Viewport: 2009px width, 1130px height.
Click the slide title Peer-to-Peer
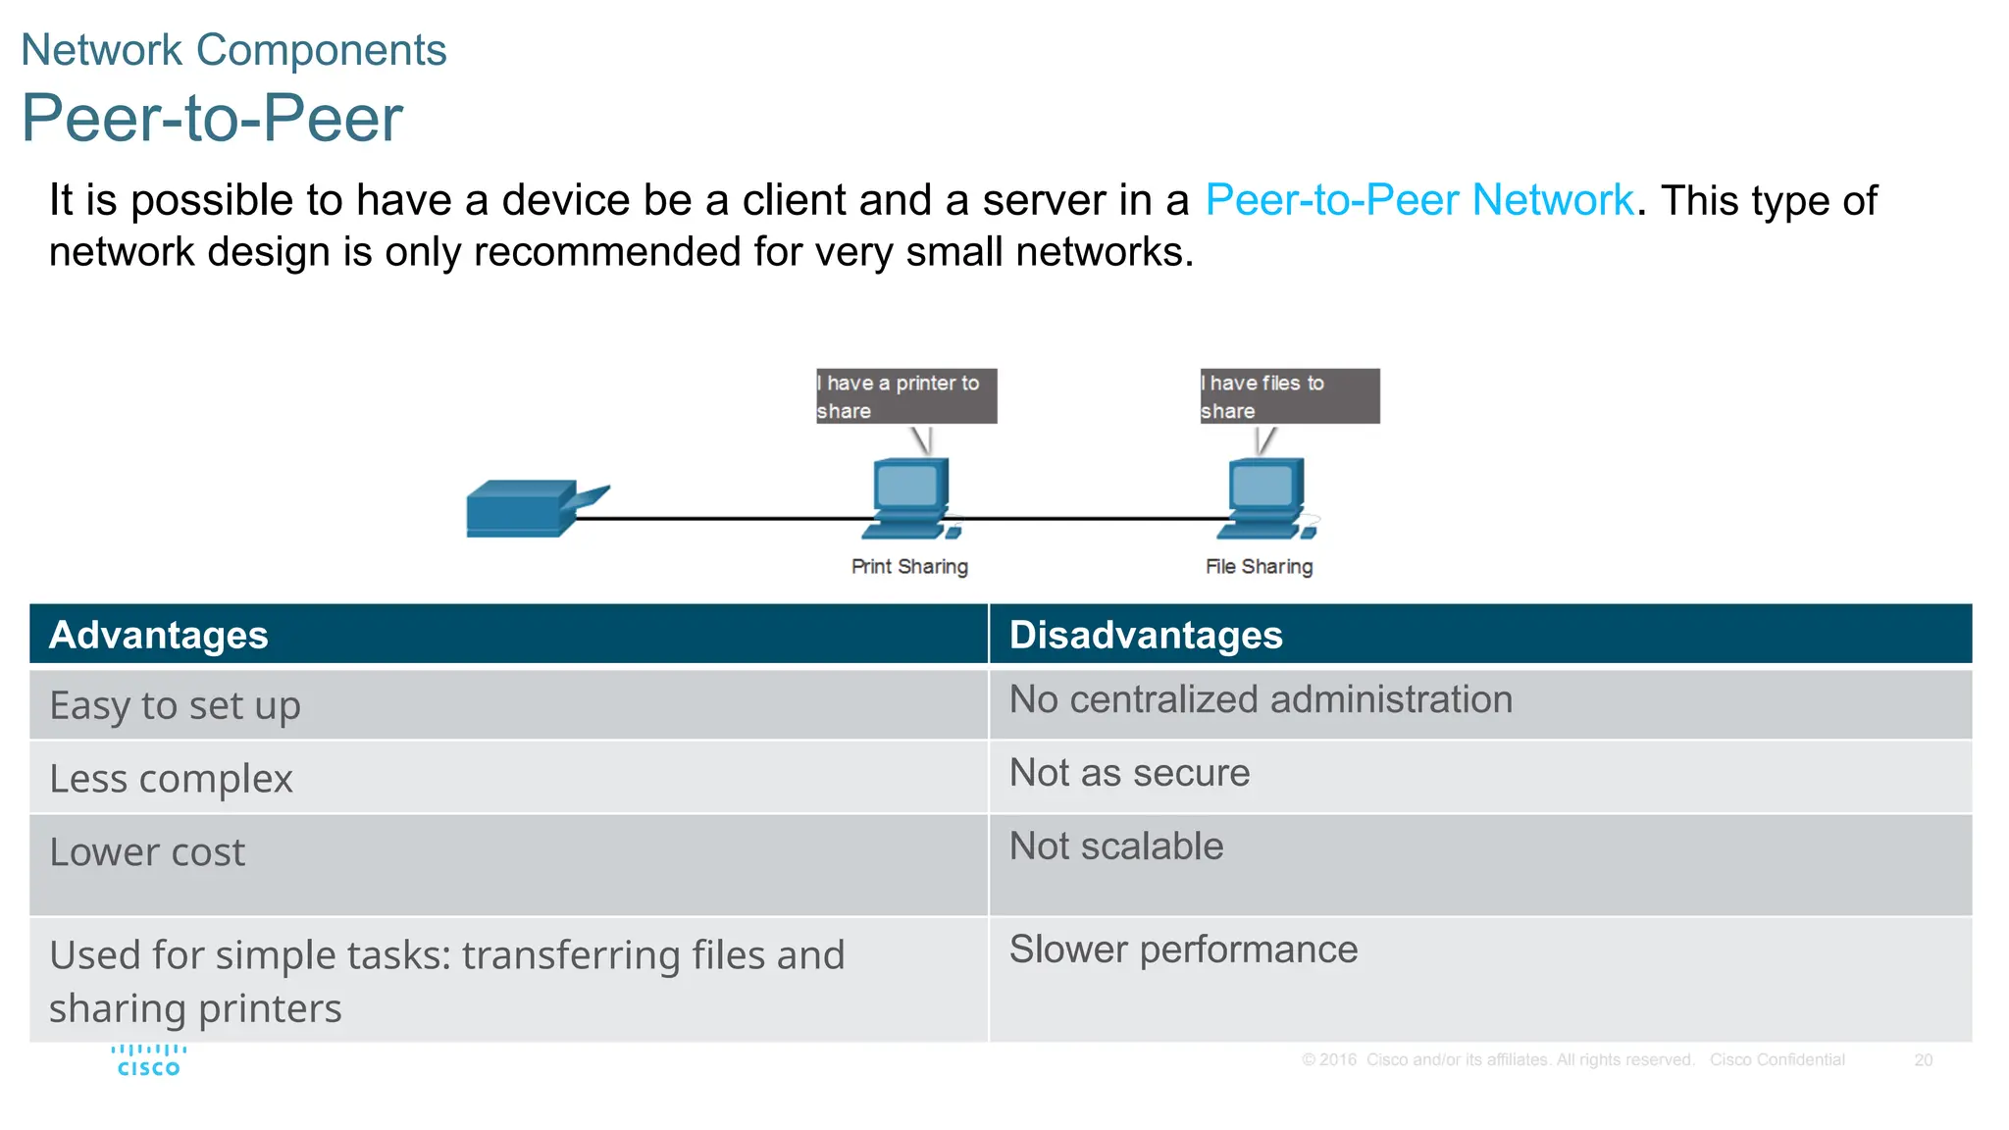(212, 118)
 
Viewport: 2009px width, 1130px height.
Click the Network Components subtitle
(233, 50)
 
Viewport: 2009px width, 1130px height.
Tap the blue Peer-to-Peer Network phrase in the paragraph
(1418, 200)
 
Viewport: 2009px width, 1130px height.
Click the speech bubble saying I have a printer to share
(905, 396)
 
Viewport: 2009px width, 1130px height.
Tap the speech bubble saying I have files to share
(1289, 396)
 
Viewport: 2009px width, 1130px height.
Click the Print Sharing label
(909, 567)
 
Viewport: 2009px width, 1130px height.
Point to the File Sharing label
(1259, 567)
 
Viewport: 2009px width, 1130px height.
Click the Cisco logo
(149, 1060)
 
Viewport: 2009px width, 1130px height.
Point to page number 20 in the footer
(1923, 1060)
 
